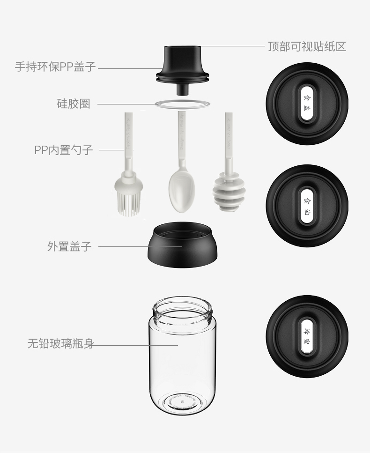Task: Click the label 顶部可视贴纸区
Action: point(307,47)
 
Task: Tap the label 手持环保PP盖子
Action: point(55,67)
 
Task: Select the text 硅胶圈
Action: point(73,104)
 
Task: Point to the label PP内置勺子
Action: point(64,150)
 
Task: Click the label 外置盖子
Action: point(69,246)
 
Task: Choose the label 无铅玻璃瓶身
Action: point(60,344)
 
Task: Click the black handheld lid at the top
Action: point(182,63)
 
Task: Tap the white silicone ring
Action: point(182,104)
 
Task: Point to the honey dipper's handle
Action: point(229,141)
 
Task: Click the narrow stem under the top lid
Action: point(182,89)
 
